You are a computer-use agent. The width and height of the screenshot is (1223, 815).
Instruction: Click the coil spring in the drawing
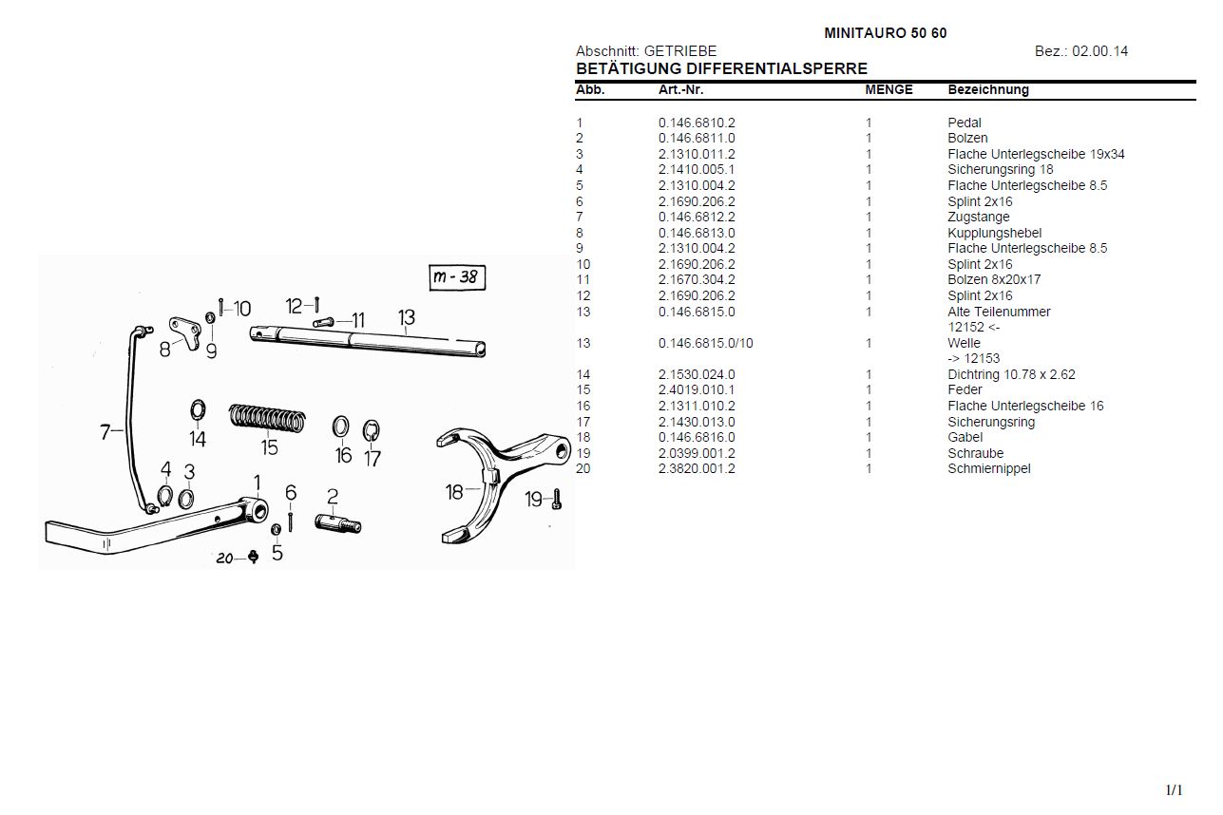click(268, 418)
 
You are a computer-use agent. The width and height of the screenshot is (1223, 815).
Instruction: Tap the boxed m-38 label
click(457, 277)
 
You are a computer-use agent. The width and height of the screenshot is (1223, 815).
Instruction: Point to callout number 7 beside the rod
click(105, 432)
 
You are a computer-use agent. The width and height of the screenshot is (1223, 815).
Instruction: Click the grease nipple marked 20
click(253, 557)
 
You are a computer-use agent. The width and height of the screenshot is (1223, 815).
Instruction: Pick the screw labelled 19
click(557, 498)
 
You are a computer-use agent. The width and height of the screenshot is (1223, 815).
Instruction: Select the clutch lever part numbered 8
click(184, 332)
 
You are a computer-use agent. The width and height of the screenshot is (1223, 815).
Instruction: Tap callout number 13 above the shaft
click(407, 317)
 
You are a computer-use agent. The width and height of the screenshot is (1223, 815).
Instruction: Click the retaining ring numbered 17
click(373, 431)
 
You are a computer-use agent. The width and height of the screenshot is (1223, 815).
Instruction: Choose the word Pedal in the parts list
click(964, 123)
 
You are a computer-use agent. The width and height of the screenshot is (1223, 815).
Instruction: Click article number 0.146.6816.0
click(697, 437)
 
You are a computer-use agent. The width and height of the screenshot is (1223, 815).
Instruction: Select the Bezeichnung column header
click(987, 90)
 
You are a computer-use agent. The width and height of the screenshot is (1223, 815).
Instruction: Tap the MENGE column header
click(889, 90)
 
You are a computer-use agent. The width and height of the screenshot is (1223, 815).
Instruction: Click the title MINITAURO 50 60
click(885, 33)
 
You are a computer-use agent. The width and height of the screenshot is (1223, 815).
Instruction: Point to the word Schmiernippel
click(988, 468)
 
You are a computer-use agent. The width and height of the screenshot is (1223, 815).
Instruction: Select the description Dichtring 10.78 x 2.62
click(1011, 374)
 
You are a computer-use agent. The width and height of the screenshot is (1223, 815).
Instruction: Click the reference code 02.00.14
click(1099, 51)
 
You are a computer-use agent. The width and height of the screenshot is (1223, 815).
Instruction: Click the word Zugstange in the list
click(978, 217)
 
